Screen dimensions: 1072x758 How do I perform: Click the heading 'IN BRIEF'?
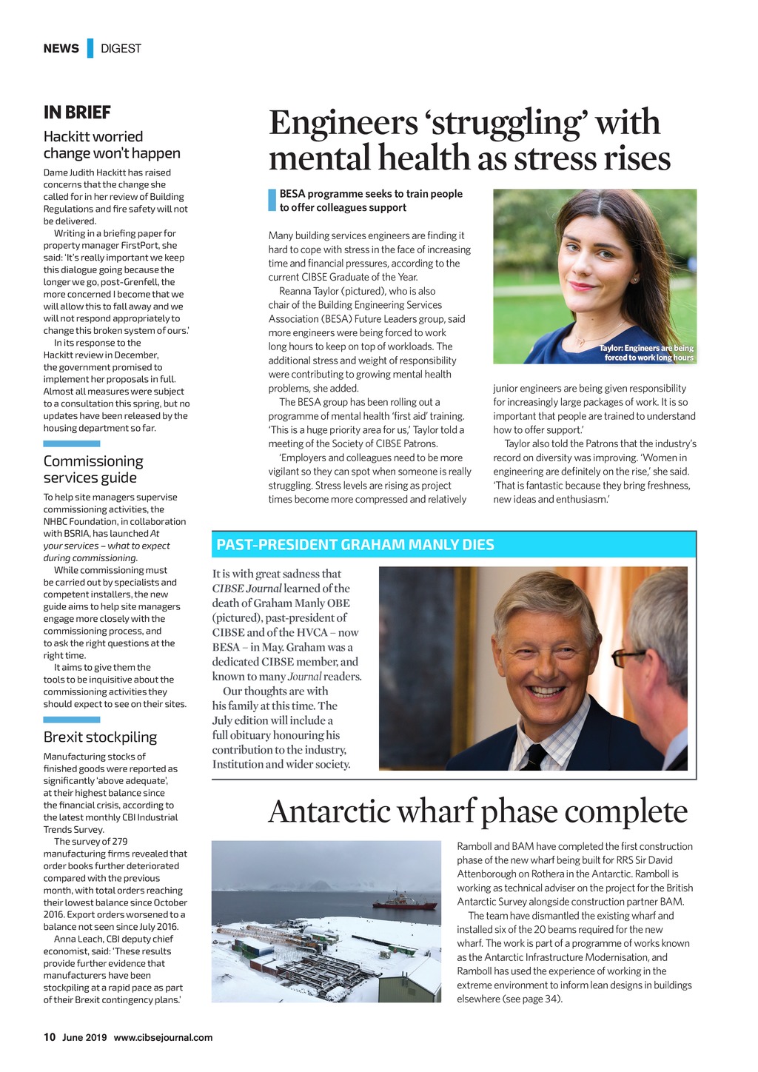click(x=77, y=113)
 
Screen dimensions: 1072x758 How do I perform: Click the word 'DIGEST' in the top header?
click(x=121, y=48)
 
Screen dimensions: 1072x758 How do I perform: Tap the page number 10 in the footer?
click(x=50, y=1037)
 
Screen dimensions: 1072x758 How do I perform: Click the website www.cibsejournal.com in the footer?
click(x=163, y=1037)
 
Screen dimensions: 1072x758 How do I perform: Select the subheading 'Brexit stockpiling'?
click(x=100, y=737)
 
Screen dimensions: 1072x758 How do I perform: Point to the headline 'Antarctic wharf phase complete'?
click(x=477, y=811)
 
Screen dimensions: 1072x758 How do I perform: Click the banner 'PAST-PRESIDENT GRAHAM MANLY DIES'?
click(x=355, y=545)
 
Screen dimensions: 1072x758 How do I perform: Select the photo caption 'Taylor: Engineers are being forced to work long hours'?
click(x=646, y=353)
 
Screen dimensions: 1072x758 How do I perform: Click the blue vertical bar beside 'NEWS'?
click(x=90, y=48)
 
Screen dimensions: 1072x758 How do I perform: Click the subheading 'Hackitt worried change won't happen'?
click(x=112, y=144)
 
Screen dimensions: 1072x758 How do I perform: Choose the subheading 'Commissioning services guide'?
click(x=93, y=469)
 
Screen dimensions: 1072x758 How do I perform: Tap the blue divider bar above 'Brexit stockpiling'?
click(x=71, y=719)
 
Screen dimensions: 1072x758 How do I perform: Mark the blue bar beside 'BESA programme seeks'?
click(x=272, y=201)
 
